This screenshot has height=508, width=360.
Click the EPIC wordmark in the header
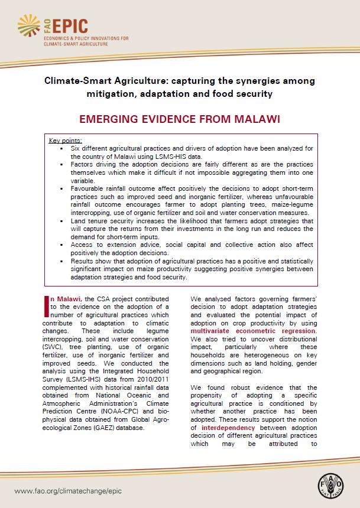(72, 26)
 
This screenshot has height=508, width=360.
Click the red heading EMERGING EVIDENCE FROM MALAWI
(180, 118)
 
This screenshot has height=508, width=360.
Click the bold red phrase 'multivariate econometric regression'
(253, 331)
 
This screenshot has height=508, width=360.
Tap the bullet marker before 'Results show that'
(62, 260)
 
